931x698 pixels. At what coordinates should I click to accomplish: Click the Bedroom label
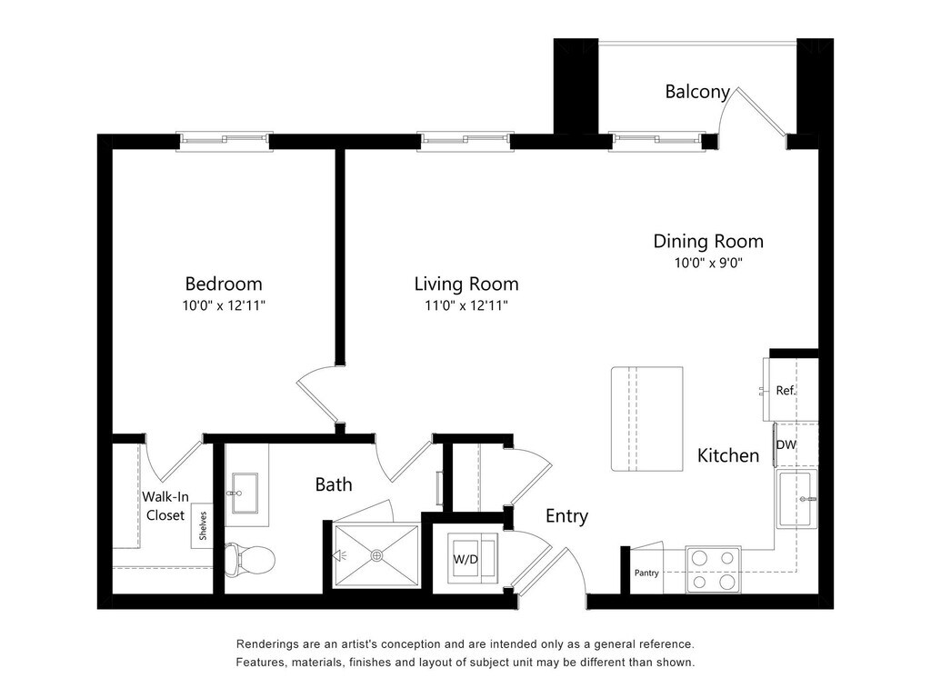(224, 284)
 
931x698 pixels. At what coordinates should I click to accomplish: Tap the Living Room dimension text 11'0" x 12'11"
(466, 305)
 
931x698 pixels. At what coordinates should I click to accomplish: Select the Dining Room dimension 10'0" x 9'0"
(708, 263)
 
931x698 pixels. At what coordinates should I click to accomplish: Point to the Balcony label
(697, 92)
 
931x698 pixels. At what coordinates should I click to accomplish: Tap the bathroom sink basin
(245, 493)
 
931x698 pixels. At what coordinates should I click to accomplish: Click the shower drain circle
(377, 555)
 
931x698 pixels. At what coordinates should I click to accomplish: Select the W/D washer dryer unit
(472, 559)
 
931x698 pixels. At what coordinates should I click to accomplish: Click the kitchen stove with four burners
(713, 570)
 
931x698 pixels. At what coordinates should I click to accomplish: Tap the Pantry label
(646, 573)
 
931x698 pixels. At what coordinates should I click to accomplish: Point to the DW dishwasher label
(786, 444)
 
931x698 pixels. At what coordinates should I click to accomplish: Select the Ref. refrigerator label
(786, 391)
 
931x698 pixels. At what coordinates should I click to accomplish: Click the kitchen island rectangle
(647, 419)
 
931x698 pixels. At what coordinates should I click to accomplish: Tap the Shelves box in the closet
(203, 526)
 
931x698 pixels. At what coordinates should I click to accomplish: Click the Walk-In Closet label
(165, 505)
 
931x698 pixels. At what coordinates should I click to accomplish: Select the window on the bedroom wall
(225, 142)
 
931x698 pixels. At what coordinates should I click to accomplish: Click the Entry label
(567, 516)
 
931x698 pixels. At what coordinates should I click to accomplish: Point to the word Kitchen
(728, 455)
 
